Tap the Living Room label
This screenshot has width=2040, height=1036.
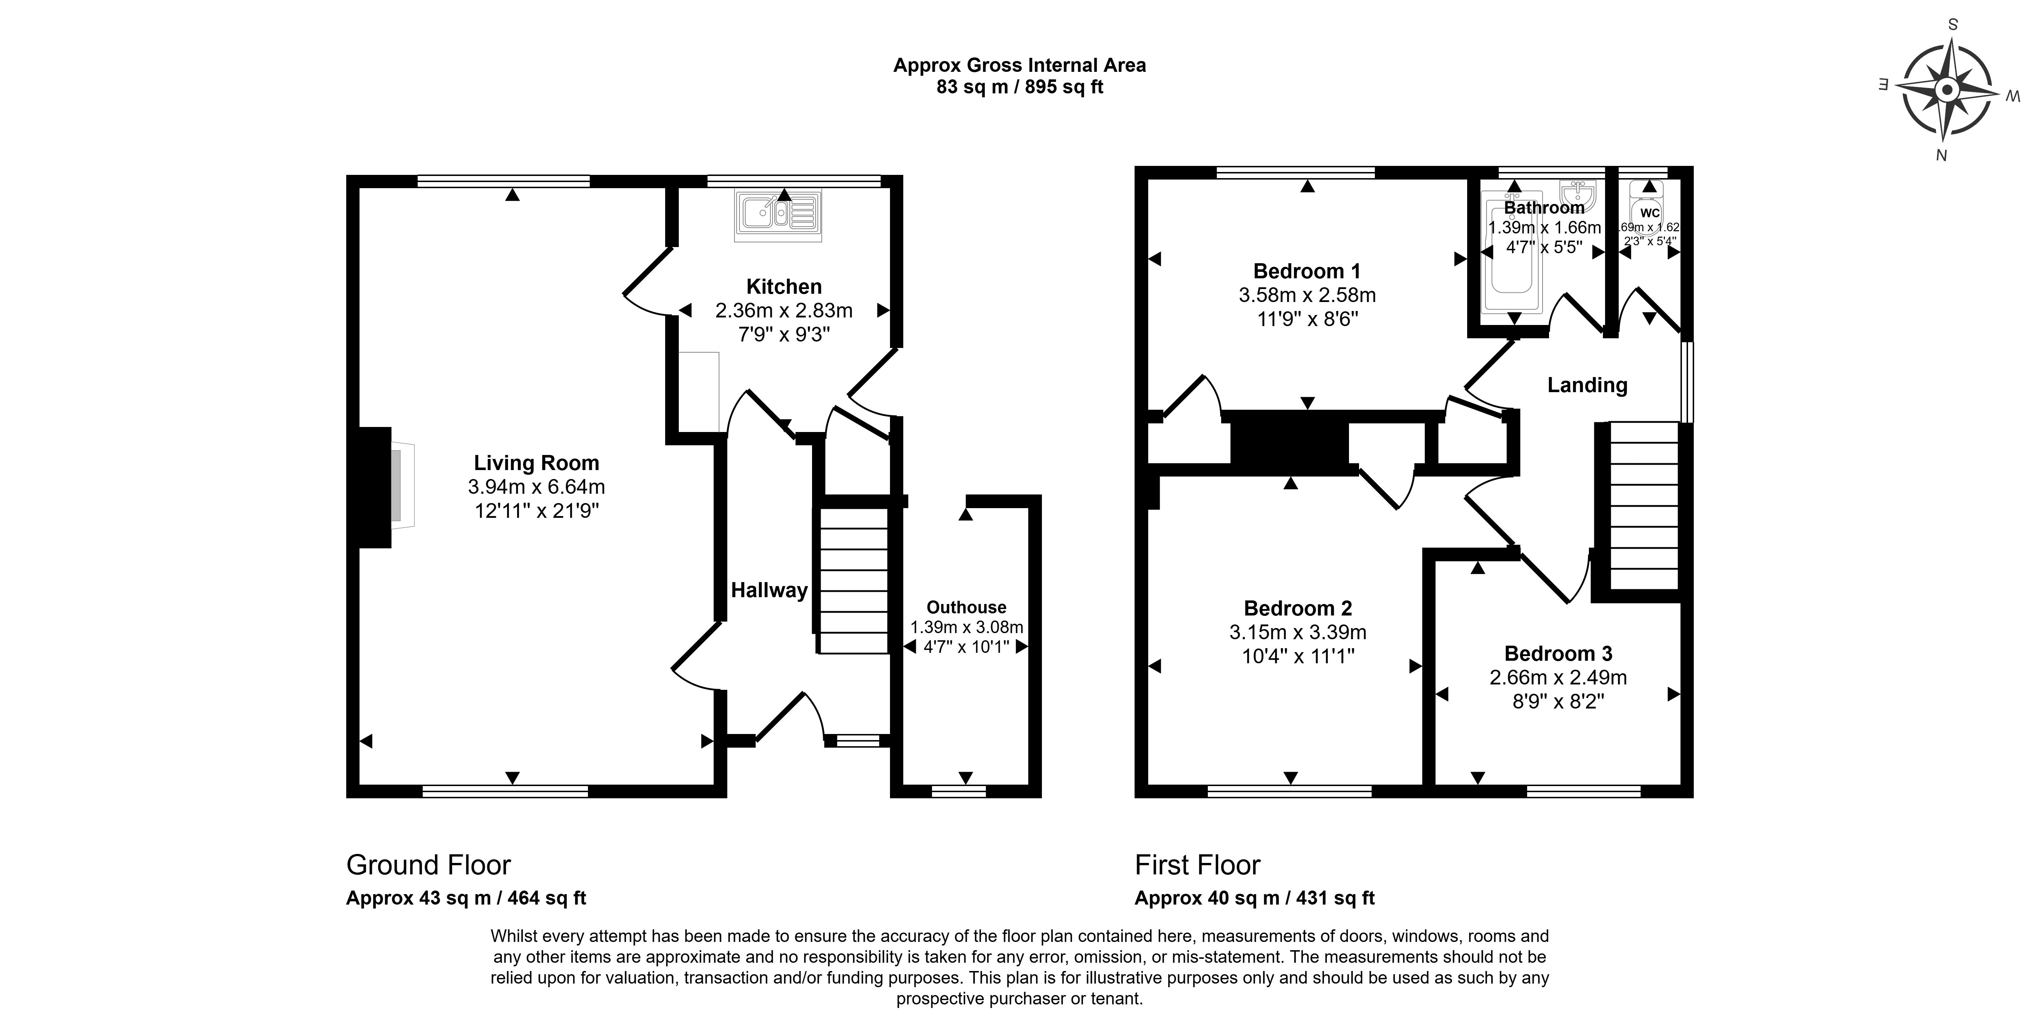click(536, 463)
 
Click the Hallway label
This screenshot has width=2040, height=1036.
click(768, 590)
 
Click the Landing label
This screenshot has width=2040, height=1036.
click(1587, 385)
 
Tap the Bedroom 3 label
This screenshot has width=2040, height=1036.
click(1558, 654)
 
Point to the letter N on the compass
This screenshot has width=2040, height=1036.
click(1941, 156)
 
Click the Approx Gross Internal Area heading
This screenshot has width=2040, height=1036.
click(1019, 65)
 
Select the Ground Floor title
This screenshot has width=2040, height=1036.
click(428, 865)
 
